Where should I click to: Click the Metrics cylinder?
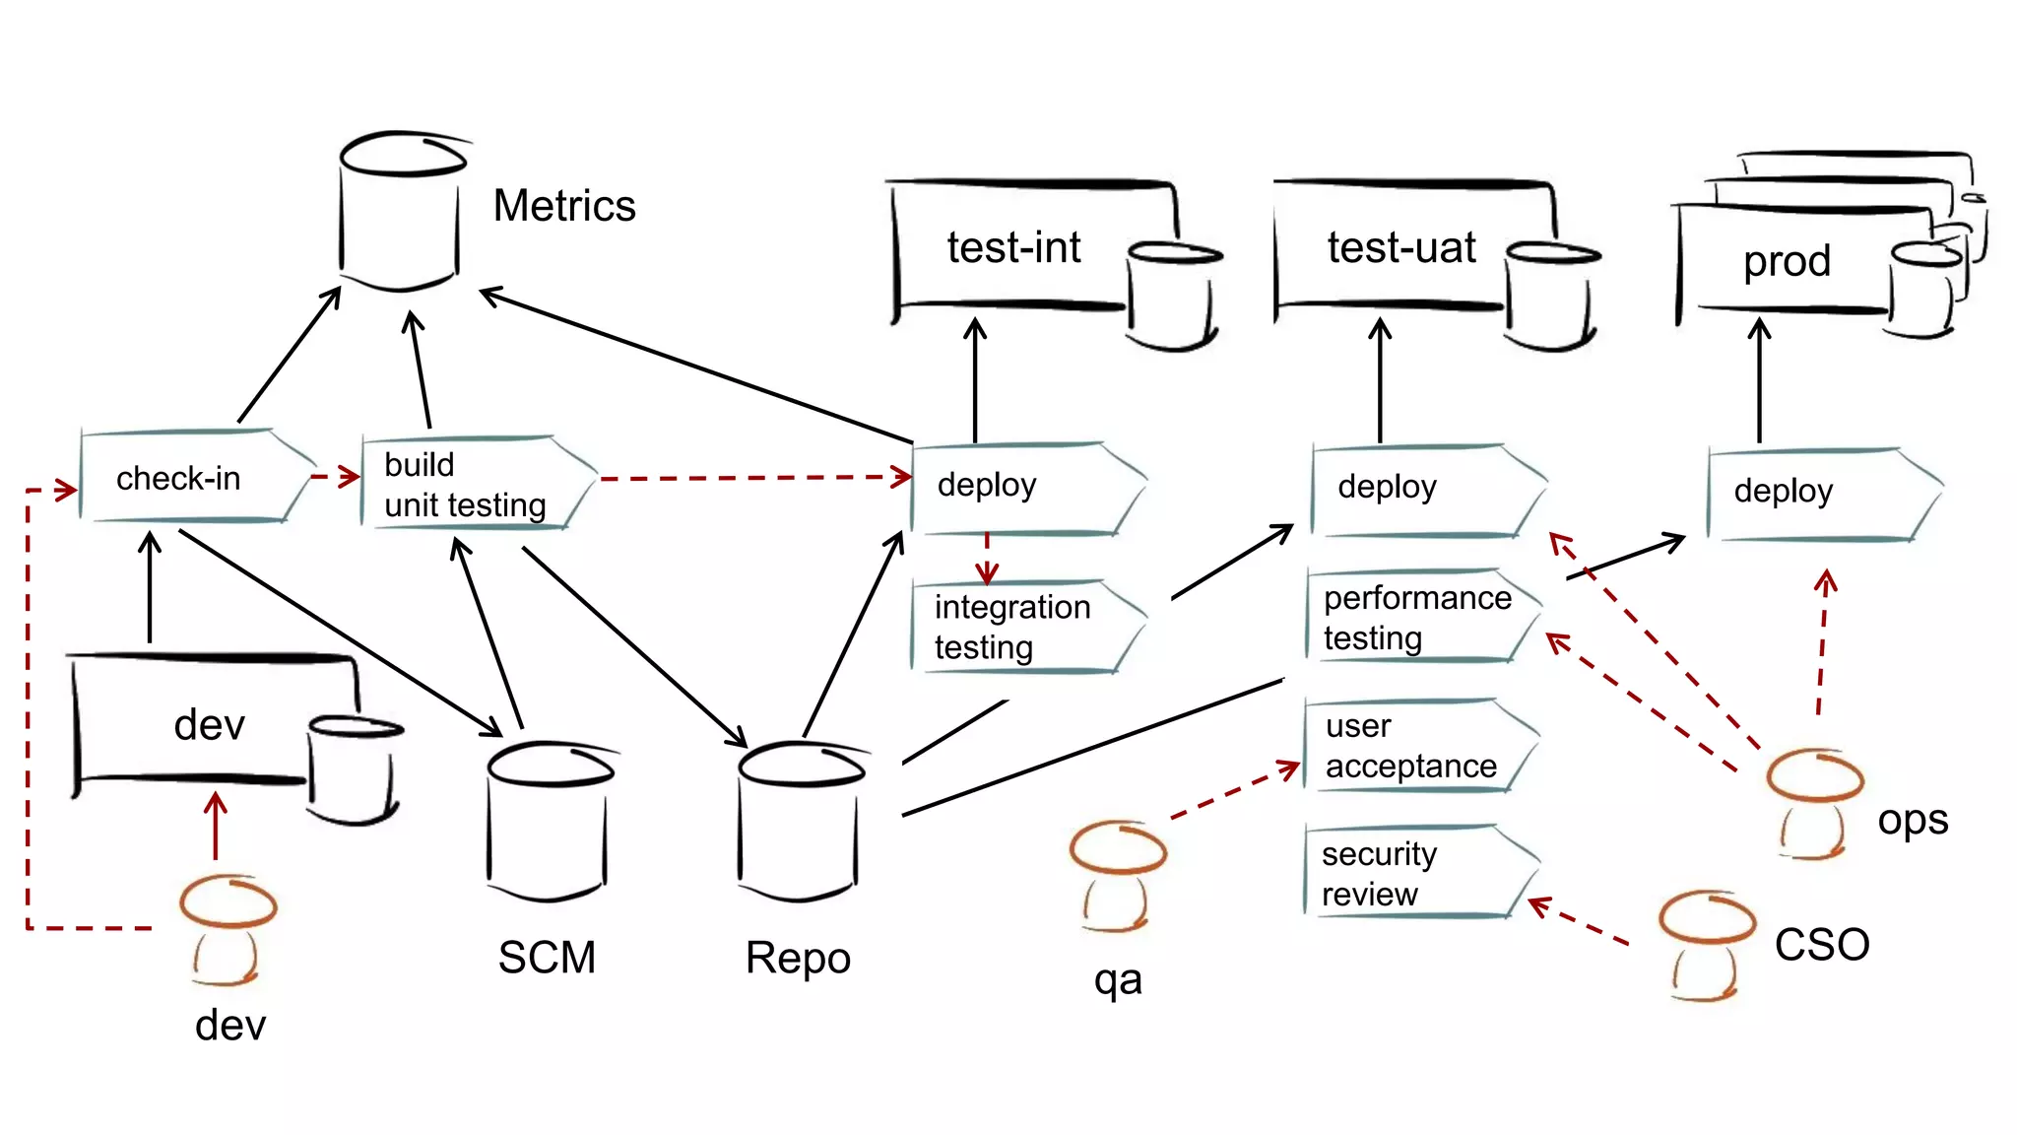tap(400, 212)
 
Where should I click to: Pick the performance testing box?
tap(1418, 617)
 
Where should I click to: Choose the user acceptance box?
tap(1413, 746)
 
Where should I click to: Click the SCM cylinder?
tap(548, 823)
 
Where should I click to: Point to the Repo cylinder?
tap(799, 823)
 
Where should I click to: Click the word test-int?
tap(1013, 247)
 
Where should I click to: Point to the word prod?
tap(1787, 261)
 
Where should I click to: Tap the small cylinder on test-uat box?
tap(1549, 297)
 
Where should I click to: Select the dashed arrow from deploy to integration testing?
tap(987, 559)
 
